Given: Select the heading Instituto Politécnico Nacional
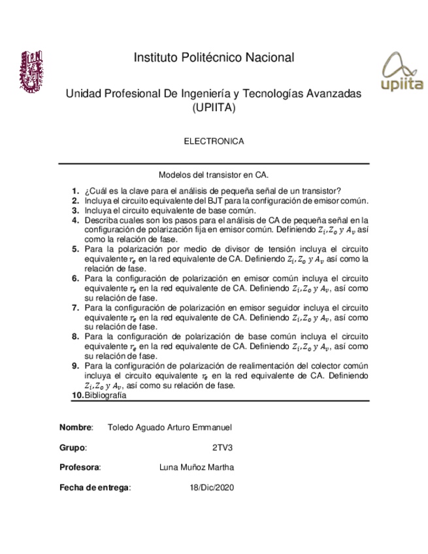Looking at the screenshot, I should pos(214,57).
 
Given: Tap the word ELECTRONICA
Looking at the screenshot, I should pos(214,141).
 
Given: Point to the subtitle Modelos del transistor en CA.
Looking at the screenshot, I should pos(214,175).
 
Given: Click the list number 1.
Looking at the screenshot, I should pos(75,191).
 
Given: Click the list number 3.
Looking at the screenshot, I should pos(75,211).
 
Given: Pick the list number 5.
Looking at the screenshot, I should pos(75,250).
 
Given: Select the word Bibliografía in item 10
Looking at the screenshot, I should pos(105,395).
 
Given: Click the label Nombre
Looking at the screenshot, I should pos(76,427).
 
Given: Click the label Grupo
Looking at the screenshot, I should pos(73,448).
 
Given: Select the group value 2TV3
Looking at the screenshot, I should pos(222,448).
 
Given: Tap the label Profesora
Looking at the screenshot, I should pos(80,468).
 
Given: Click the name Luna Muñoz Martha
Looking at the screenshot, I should pos(196,468).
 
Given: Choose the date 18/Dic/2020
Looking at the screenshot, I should pos(211,487).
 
